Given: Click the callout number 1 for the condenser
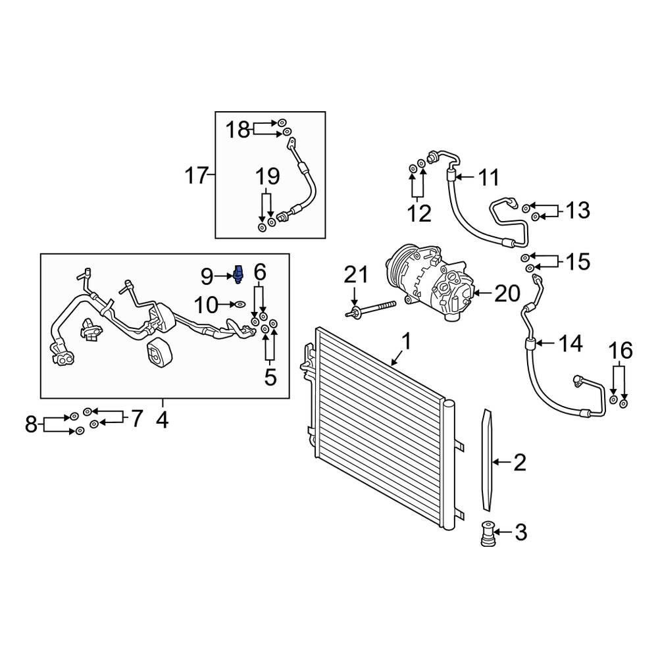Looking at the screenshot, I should pyautogui.click(x=406, y=342).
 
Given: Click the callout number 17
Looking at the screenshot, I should pyautogui.click(x=197, y=176).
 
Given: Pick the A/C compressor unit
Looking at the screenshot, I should pyautogui.click(x=430, y=280).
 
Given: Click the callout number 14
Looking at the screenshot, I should pyautogui.click(x=570, y=343).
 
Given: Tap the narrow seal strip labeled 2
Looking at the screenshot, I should pyautogui.click(x=486, y=460).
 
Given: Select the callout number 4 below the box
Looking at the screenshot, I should pyautogui.click(x=163, y=418).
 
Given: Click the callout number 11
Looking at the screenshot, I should pyautogui.click(x=488, y=177).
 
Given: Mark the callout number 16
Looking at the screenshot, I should pyautogui.click(x=620, y=351).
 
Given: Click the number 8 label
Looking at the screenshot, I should pyautogui.click(x=31, y=424).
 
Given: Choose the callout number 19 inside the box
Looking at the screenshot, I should pyautogui.click(x=267, y=177).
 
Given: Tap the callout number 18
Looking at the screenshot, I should pyautogui.click(x=239, y=130).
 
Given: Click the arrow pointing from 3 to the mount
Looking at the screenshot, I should pyautogui.click(x=503, y=532).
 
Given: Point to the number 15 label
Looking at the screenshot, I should pyautogui.click(x=578, y=261).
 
